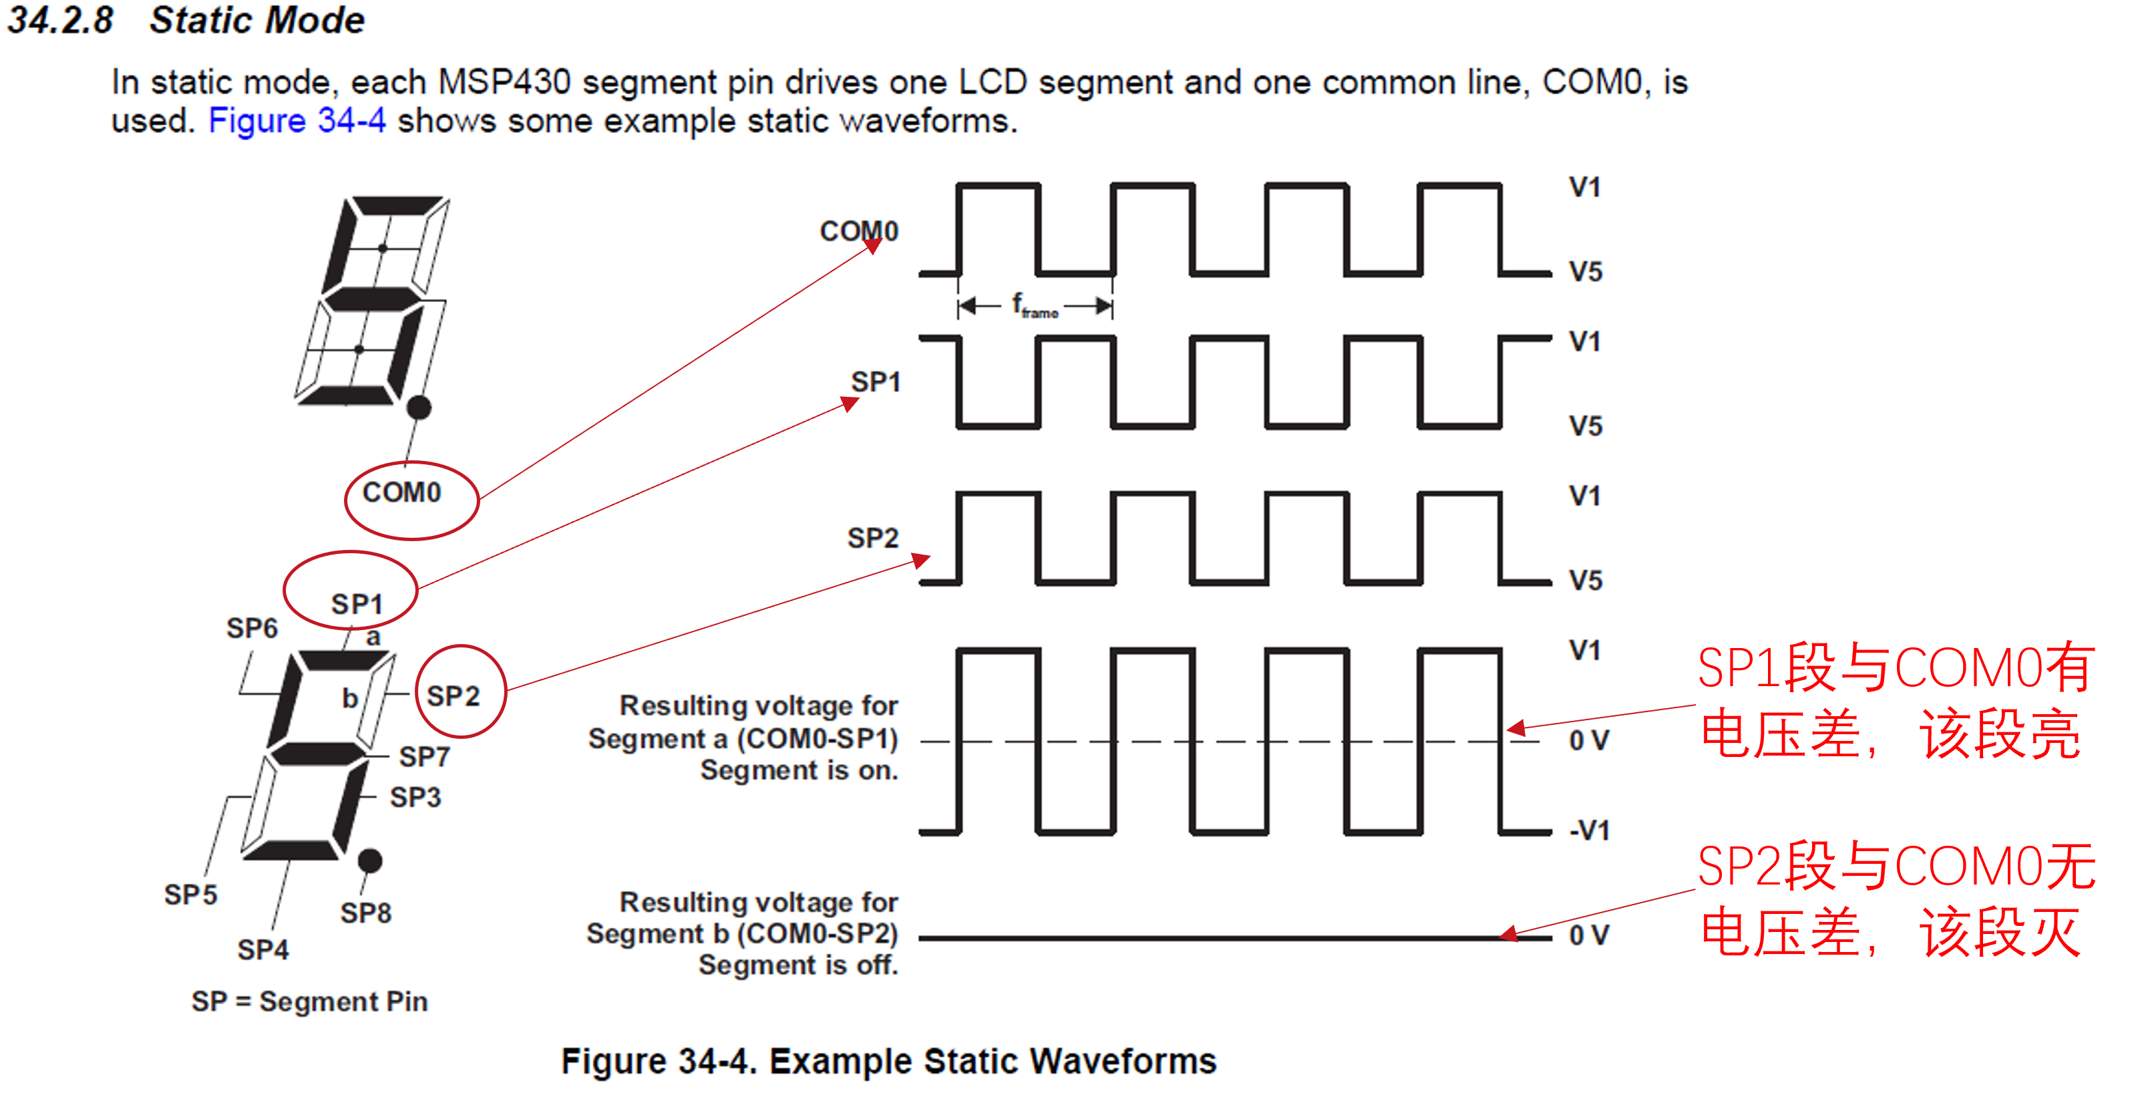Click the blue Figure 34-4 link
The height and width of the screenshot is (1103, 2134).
coord(297,121)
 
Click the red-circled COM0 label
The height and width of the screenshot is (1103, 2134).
coord(402,493)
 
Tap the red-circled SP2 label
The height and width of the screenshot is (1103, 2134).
coord(453,695)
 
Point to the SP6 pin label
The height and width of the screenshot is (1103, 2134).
coord(252,628)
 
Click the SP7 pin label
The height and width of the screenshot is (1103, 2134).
coord(424,756)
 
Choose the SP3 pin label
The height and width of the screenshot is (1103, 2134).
coord(415,797)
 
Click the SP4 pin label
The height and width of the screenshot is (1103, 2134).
coord(262,950)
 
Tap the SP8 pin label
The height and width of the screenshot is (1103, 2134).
coord(365,913)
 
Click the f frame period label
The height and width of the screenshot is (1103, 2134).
coord(1035,307)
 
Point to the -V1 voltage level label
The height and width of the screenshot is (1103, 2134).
coord(1589,830)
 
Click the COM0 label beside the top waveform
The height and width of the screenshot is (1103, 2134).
coord(859,231)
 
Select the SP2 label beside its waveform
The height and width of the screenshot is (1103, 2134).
coord(872,538)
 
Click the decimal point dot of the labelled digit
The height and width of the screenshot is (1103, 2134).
coord(369,861)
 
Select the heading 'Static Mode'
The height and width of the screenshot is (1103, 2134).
coord(256,21)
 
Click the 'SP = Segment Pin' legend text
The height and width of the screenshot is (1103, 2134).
coord(310,1002)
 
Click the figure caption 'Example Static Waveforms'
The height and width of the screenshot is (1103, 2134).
coord(993,1062)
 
